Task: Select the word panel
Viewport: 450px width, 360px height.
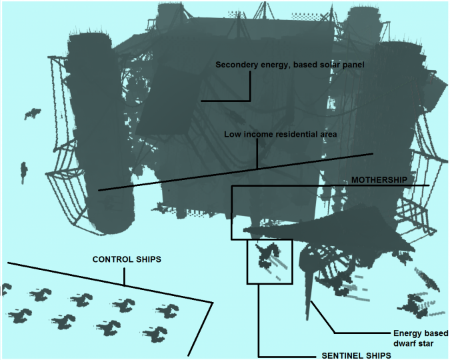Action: tap(349, 65)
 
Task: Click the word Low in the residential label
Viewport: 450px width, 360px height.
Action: tap(232, 134)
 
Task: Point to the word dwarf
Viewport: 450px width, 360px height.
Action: tap(403, 343)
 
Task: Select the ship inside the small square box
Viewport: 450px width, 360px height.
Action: tap(270, 256)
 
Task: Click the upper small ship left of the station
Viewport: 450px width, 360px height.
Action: tap(31, 114)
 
